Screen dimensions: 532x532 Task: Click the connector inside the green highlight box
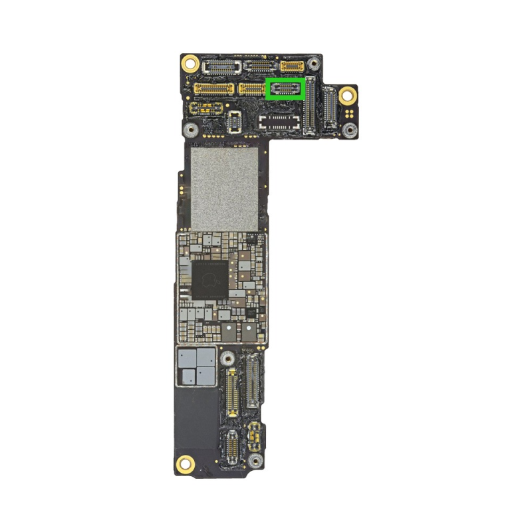pyautogui.click(x=285, y=88)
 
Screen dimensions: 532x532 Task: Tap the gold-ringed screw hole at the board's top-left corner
pyautogui.click(x=190, y=64)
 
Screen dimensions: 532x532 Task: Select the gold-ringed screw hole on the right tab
pyautogui.click(x=346, y=95)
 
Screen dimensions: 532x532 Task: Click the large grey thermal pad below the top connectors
pyautogui.click(x=224, y=188)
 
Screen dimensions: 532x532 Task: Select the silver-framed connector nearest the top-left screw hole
pyautogui.click(x=221, y=66)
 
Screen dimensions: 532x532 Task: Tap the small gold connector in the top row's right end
pyautogui.click(x=292, y=66)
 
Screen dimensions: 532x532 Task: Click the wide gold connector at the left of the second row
pyautogui.click(x=213, y=88)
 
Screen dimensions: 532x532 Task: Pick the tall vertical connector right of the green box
pyautogui.click(x=309, y=106)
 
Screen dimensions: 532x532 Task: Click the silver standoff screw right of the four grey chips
pyautogui.click(x=228, y=358)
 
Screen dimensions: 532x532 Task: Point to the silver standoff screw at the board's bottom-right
pyautogui.click(x=254, y=460)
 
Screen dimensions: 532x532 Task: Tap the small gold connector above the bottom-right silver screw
pyautogui.click(x=253, y=435)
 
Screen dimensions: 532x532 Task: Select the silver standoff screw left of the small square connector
pyautogui.click(x=191, y=130)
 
